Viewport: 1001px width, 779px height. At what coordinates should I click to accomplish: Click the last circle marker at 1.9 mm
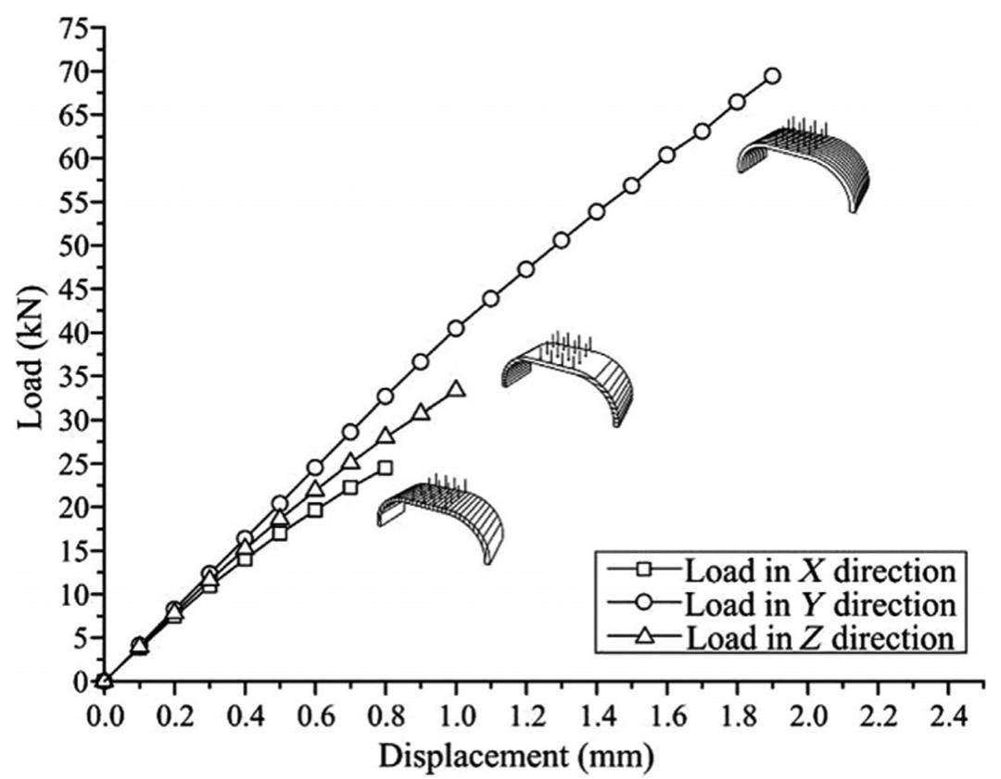pos(772,76)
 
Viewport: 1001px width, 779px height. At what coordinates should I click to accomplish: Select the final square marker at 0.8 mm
pos(385,468)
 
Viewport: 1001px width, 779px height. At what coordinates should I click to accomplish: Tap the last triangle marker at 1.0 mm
pos(456,389)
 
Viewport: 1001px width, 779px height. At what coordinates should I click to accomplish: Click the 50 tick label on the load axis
pos(73,246)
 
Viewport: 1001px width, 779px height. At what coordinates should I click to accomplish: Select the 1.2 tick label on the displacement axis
pos(526,717)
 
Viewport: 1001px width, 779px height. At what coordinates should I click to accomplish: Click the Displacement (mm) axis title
pos(515,758)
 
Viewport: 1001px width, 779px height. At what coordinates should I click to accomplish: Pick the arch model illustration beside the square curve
pos(442,518)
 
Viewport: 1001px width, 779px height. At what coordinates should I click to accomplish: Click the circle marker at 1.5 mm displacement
pos(631,185)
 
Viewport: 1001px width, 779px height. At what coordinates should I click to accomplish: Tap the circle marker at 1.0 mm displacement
pos(456,329)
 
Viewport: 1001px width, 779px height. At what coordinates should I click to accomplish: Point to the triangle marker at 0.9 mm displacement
pos(421,411)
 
